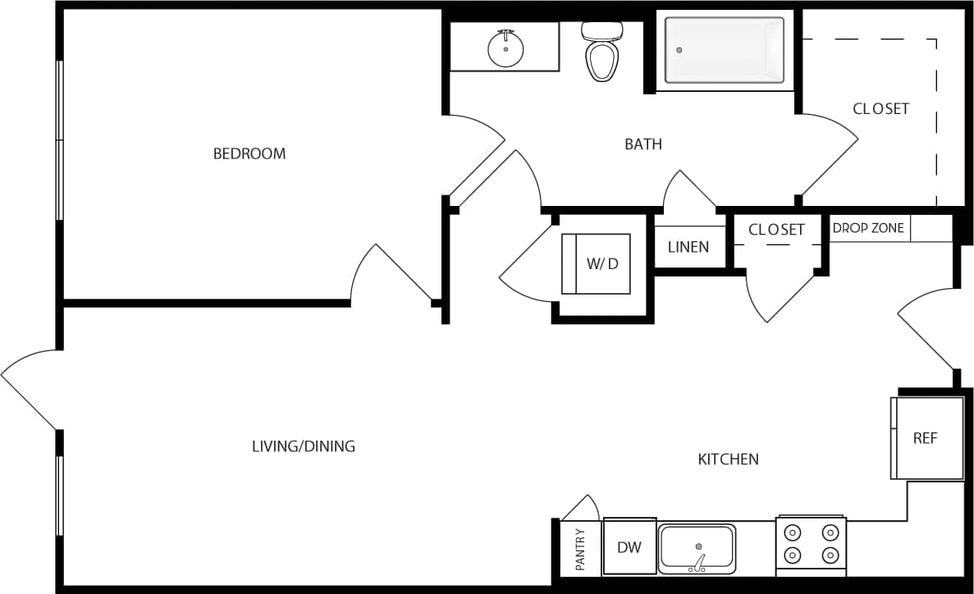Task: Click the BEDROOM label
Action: coord(249,153)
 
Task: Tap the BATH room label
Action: coord(643,144)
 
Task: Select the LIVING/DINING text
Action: coord(303,446)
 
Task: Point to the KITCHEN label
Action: coord(728,459)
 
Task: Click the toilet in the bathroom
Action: coord(601,55)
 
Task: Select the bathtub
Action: coord(724,50)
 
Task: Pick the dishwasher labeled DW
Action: coord(629,547)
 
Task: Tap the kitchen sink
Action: coord(697,549)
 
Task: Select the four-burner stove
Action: coord(811,543)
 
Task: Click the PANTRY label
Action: coord(580,549)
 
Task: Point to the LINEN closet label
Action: coord(688,247)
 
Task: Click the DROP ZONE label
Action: coord(868,228)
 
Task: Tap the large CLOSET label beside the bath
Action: coord(880,108)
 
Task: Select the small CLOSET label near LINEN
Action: coord(776,230)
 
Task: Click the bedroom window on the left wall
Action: coord(59,140)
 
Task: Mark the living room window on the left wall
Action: coord(59,496)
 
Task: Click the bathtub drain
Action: coord(679,50)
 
